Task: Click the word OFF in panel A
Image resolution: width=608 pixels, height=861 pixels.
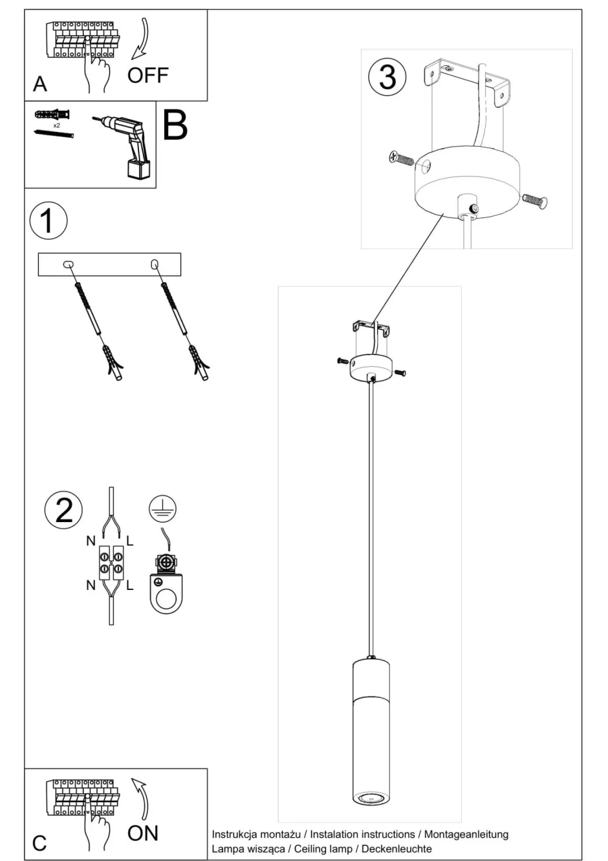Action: [147, 76]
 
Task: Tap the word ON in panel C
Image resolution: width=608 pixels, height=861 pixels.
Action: [142, 833]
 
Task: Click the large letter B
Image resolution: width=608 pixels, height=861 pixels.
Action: [175, 125]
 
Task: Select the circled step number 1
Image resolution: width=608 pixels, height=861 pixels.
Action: [49, 221]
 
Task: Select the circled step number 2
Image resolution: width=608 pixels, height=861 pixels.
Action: [63, 510]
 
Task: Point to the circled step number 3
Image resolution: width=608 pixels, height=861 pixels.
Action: [387, 76]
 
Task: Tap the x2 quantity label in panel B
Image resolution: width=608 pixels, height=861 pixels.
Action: [56, 125]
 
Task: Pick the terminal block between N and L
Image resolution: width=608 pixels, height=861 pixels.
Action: [111, 561]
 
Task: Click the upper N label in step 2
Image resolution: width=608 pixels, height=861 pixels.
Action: [91, 541]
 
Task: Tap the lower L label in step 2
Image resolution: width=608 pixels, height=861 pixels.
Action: [130, 585]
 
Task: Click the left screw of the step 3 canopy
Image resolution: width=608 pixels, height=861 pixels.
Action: [401, 158]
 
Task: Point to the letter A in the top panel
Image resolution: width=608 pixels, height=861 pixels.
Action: [39, 84]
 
